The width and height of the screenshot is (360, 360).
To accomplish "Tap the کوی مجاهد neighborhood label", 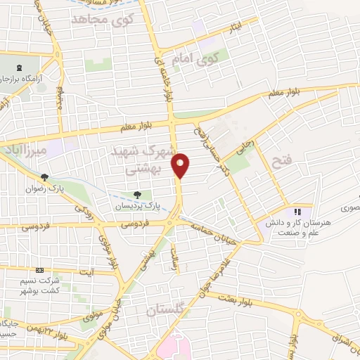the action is (x=102, y=20).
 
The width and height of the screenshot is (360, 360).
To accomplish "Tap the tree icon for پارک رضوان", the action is (x=45, y=177).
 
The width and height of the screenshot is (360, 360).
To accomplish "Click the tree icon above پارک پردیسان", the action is (x=138, y=195).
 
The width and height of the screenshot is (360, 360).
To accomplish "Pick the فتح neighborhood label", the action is (x=280, y=162).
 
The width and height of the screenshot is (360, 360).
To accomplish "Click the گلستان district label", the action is (x=168, y=310).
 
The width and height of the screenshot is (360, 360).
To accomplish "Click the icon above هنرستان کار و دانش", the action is (x=297, y=211).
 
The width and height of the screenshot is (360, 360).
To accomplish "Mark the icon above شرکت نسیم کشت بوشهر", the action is (x=39, y=270).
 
